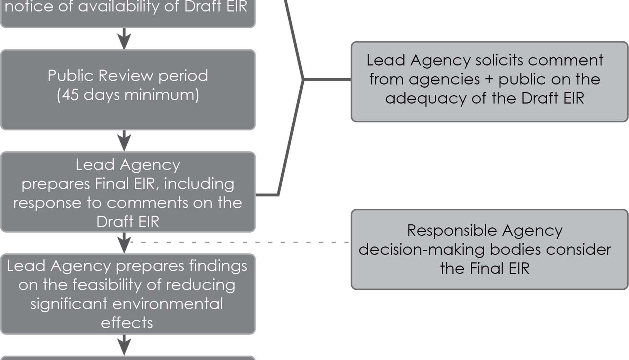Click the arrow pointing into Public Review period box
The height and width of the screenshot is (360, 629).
[x=124, y=39]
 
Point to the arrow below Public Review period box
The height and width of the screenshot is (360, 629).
[x=124, y=141]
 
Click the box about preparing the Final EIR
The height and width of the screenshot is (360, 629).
[x=128, y=192]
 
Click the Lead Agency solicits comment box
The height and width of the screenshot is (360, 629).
[x=489, y=82]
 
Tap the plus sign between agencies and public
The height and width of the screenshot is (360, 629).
[x=489, y=80]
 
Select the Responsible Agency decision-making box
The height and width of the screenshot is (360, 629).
[x=489, y=250]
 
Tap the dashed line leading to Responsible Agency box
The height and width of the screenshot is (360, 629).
[x=239, y=242]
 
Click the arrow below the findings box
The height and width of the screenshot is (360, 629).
[x=124, y=345]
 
